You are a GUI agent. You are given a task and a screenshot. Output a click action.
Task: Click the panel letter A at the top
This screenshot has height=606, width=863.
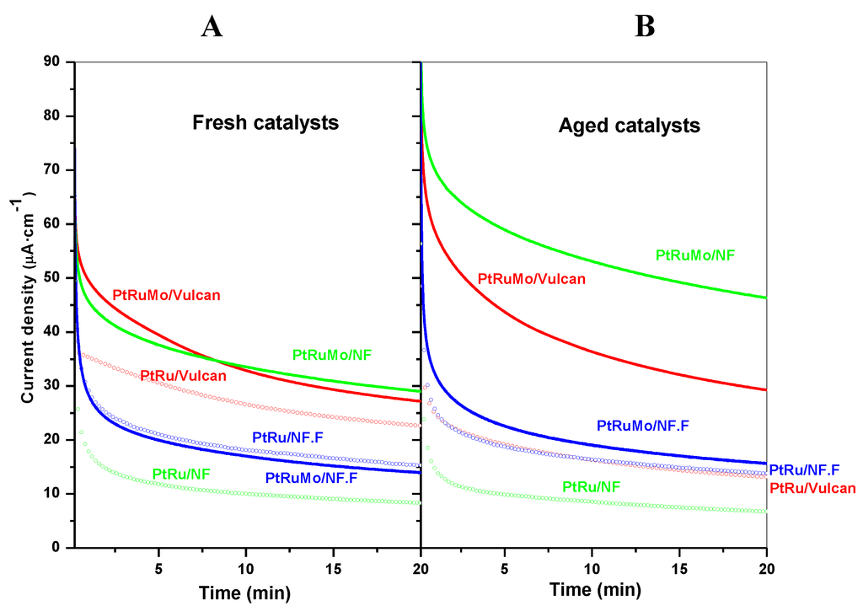(212, 27)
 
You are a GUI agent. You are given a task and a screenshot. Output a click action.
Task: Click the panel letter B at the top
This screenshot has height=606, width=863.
(645, 27)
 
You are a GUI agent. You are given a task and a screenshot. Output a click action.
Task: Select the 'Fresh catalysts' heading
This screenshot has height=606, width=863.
(265, 123)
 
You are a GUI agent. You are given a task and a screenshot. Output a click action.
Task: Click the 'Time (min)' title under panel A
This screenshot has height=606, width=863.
(244, 593)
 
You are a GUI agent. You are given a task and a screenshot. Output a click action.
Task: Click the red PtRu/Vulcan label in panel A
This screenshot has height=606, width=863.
(183, 375)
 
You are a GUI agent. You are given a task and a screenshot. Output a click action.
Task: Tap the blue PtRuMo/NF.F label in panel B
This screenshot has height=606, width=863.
(642, 426)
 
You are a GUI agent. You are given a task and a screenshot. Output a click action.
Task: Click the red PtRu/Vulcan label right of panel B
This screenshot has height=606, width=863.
(812, 488)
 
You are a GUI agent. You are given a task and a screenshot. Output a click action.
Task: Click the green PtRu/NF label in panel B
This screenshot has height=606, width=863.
(591, 485)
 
